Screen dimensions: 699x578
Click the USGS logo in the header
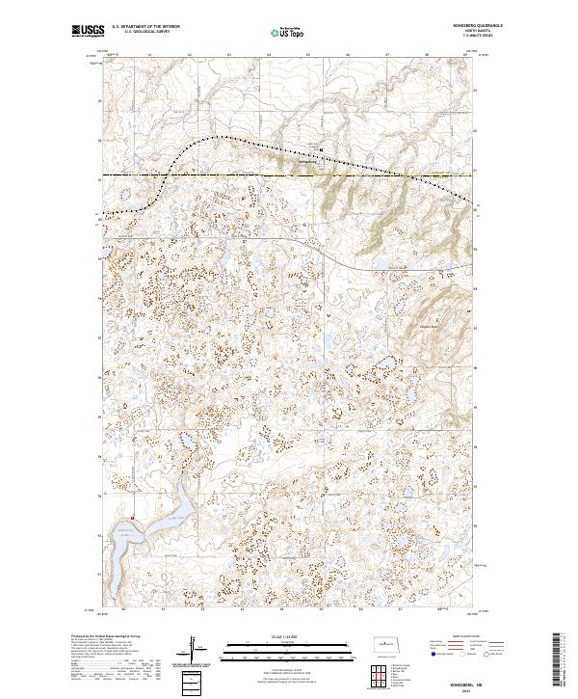[88, 32]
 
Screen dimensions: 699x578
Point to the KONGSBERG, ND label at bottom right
[452, 675]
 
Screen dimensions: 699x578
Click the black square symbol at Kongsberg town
[322, 148]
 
